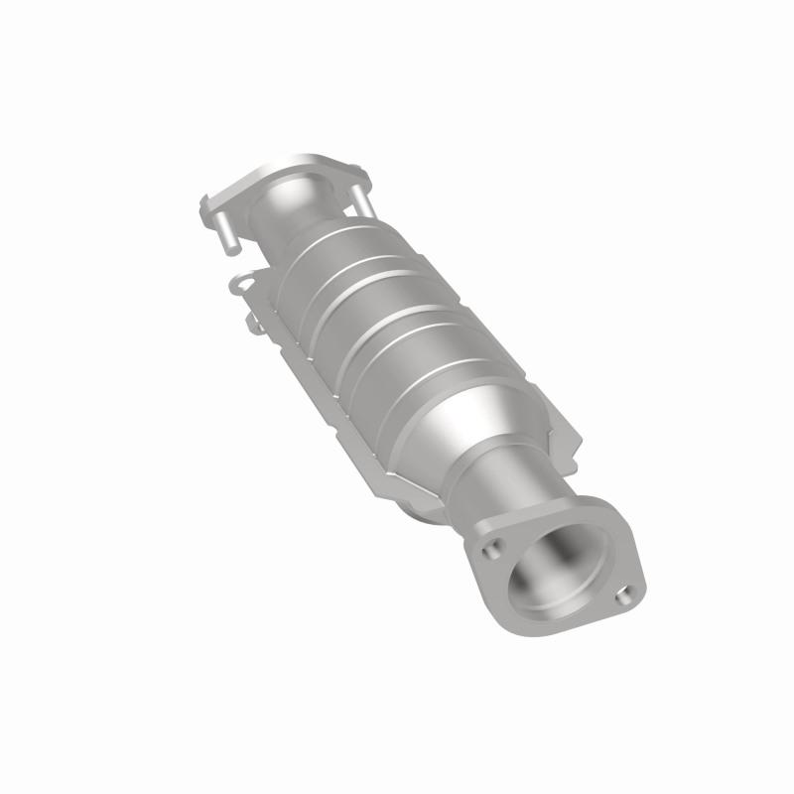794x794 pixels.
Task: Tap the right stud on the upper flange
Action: pos(362,198)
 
